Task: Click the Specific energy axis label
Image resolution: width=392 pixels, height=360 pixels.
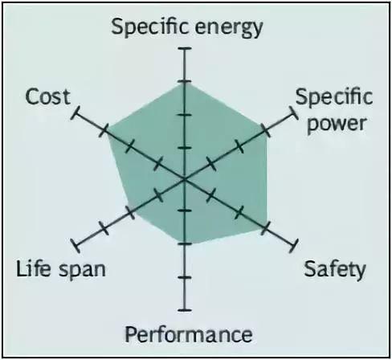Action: (187, 28)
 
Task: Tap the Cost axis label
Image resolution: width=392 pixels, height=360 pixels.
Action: (48, 96)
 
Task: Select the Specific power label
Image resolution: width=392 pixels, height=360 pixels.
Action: (334, 111)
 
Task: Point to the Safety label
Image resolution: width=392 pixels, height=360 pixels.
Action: (335, 270)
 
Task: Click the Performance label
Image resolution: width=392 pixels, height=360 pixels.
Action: (189, 334)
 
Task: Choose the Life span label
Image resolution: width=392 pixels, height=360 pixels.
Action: (61, 269)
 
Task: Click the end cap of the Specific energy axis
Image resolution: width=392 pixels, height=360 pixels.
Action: (185, 48)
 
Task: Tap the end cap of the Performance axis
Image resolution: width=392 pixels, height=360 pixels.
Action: (185, 310)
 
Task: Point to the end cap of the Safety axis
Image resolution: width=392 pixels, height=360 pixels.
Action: (294, 246)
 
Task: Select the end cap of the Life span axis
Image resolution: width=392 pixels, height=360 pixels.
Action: (76, 246)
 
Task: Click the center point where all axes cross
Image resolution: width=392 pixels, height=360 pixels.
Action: (185, 179)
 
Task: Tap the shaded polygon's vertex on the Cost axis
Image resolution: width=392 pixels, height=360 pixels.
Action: (107, 132)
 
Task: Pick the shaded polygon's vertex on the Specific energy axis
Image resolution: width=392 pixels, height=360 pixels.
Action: (185, 84)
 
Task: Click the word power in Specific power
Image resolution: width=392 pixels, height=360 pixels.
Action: (337, 125)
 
